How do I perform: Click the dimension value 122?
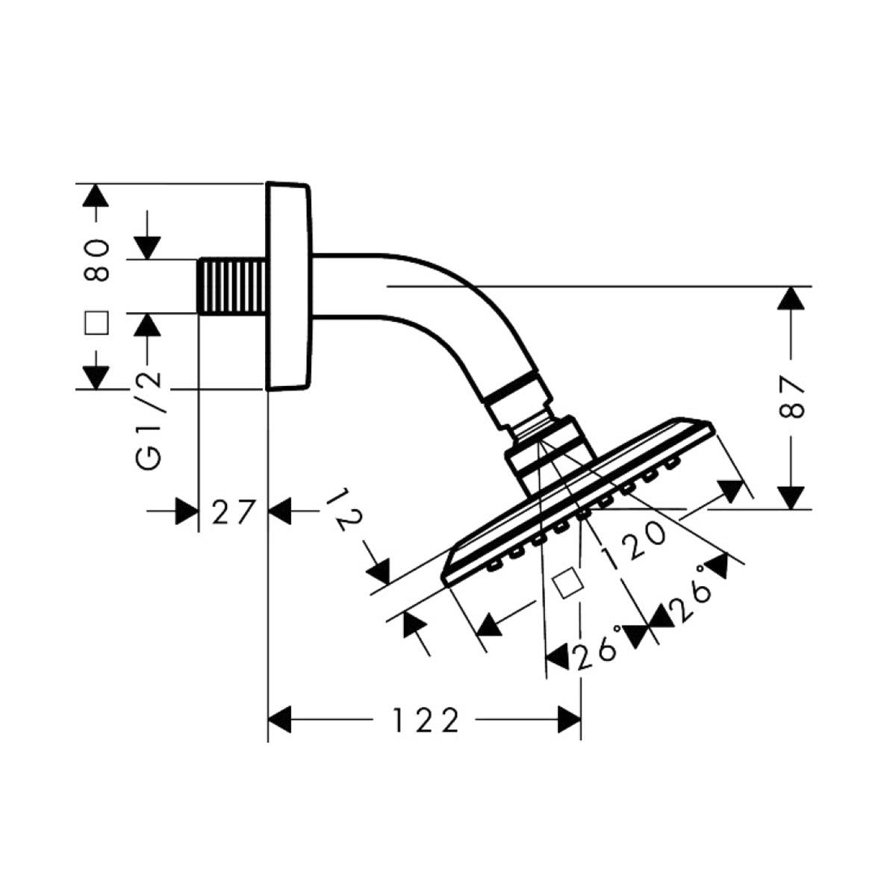[x=425, y=721]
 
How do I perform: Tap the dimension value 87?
[x=792, y=398]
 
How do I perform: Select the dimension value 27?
[x=233, y=513]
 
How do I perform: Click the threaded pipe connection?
[x=232, y=286]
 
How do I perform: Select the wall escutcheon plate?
[x=289, y=286]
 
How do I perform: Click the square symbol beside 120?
[x=567, y=582]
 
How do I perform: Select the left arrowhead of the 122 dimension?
[x=279, y=721]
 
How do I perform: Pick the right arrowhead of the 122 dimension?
[x=570, y=721]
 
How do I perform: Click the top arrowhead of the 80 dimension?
[x=94, y=195]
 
